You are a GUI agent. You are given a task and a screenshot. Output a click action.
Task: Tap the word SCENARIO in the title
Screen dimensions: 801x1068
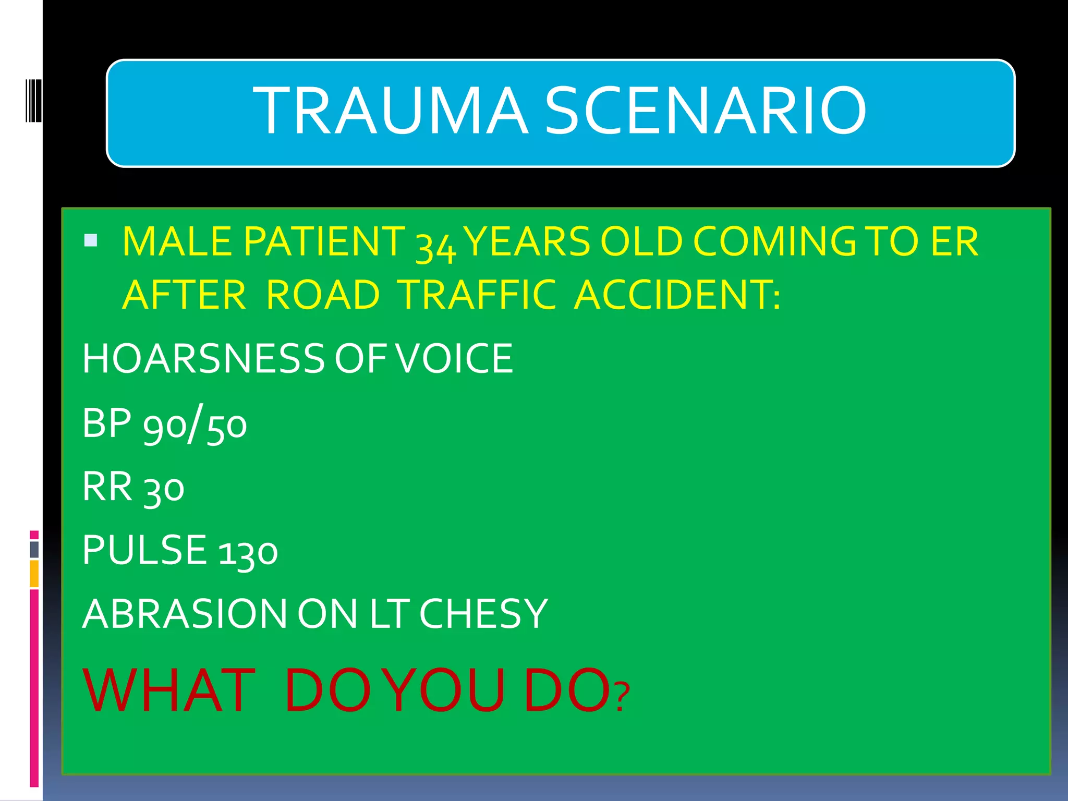[x=705, y=111]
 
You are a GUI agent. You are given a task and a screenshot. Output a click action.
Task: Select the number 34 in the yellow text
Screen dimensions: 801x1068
[x=436, y=244]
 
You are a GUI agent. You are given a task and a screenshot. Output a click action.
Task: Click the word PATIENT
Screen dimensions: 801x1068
[x=324, y=241]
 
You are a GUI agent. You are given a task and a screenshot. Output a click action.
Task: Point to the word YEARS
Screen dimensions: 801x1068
[x=527, y=241]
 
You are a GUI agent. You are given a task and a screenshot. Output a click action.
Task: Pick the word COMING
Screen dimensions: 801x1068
[x=774, y=241]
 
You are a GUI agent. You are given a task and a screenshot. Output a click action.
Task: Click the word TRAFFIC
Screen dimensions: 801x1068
[x=478, y=295]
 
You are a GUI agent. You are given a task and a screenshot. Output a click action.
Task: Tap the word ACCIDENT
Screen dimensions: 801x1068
[x=677, y=295]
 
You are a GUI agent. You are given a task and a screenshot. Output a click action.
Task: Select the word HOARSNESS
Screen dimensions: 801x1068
[x=203, y=359]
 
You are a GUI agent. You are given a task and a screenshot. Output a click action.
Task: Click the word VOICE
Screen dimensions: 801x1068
[x=454, y=359]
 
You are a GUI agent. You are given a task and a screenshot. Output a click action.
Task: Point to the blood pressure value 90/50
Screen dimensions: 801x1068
[x=195, y=424]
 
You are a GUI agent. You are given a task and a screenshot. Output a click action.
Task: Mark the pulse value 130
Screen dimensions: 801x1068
[x=248, y=552]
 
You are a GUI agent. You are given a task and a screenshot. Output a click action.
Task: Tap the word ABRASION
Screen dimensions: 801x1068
[x=185, y=614]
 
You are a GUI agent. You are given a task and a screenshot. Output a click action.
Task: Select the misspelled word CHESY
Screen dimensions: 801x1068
[x=483, y=614]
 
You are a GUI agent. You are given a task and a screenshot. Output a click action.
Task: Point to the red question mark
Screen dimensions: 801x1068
[x=622, y=698]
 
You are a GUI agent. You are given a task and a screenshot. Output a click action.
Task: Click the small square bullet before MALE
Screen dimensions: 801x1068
[x=91, y=240]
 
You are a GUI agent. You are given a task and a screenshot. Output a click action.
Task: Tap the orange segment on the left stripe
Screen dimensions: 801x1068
[x=34, y=574]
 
